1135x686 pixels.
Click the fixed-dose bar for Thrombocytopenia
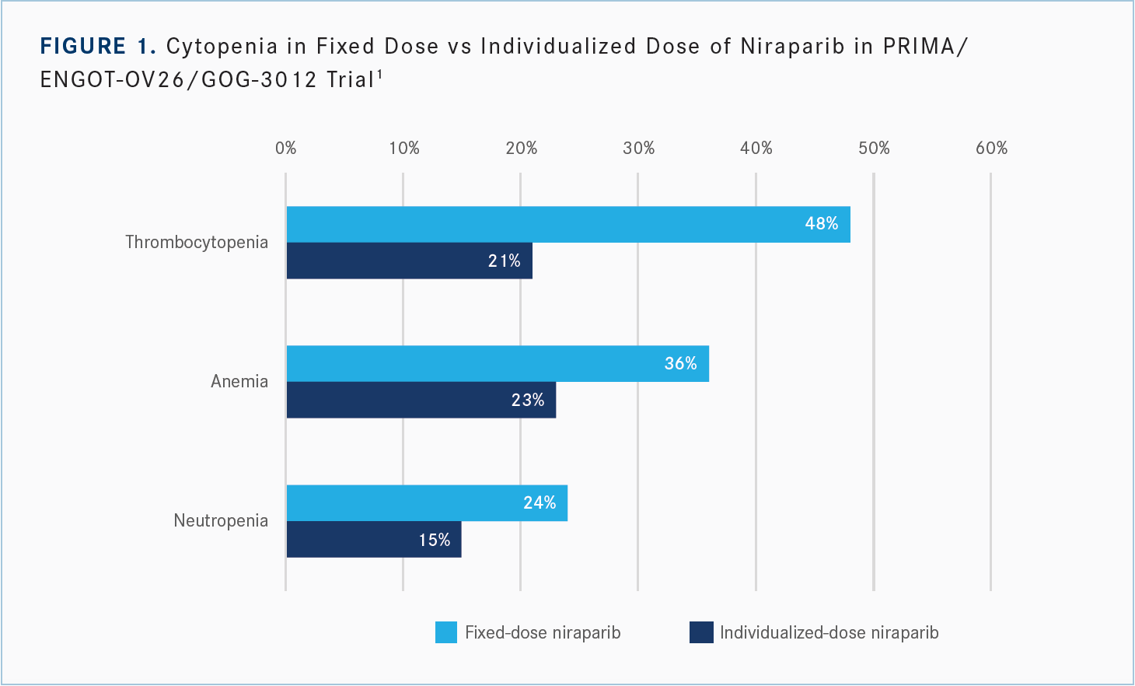coord(567,225)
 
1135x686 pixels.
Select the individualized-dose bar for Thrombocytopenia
coord(409,261)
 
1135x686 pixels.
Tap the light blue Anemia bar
coord(498,364)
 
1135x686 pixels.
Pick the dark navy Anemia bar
coord(421,400)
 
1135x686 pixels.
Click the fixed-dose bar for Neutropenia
coord(427,503)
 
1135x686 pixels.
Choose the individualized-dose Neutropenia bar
coord(373,540)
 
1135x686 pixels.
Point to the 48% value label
coord(821,224)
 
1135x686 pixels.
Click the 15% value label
coord(434,540)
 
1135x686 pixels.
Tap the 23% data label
coord(527,401)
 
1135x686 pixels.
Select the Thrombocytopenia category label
coord(197,242)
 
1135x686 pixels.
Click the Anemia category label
coord(239,381)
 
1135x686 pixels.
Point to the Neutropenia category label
coord(221,520)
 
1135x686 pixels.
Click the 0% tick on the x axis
coord(286,149)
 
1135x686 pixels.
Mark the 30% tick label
coord(638,149)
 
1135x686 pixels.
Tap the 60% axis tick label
coord(991,149)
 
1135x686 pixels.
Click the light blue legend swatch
coord(446,632)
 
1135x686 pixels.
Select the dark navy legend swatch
coord(701,632)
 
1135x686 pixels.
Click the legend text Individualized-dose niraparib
coord(829,632)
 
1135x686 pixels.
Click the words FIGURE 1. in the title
coord(98,47)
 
